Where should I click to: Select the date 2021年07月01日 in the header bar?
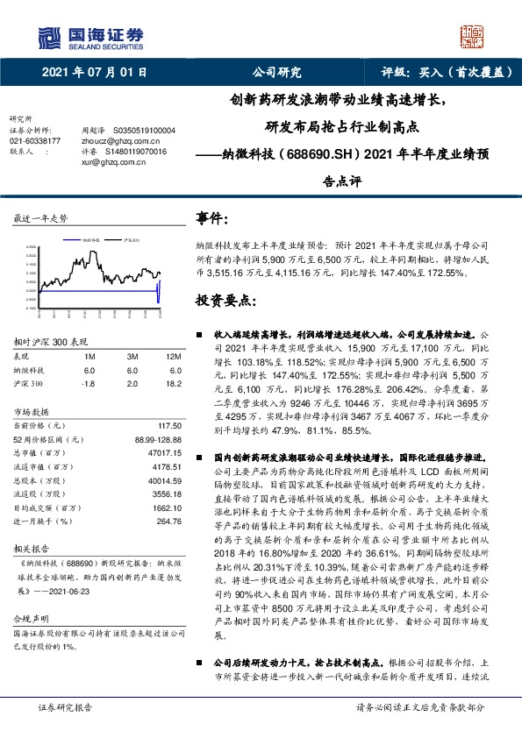95,74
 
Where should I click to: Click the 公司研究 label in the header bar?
276,74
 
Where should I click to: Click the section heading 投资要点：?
226,301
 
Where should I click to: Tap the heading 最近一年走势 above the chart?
40,217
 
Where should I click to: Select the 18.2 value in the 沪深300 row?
174,383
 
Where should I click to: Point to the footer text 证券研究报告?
62,706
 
